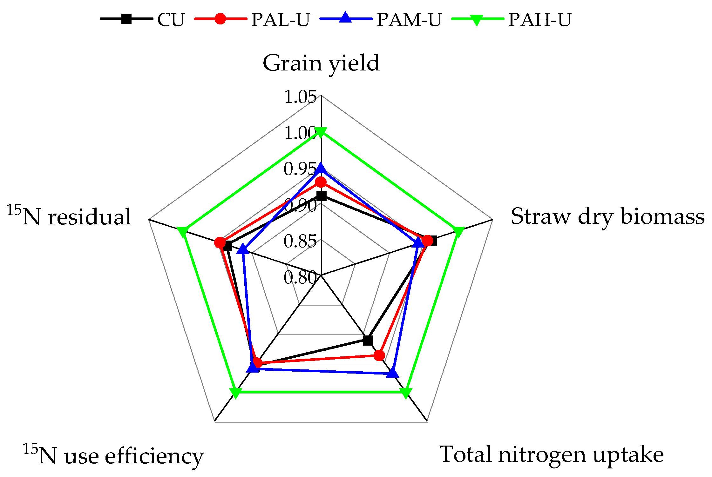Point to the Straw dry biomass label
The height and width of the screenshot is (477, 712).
[607, 217]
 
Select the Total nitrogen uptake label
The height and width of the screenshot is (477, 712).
[551, 454]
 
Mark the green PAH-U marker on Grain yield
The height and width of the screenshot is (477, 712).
[321, 132]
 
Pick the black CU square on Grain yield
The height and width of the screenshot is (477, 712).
[322, 196]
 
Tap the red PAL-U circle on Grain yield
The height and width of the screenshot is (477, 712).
[321, 182]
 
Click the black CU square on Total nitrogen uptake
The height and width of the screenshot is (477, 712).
[368, 340]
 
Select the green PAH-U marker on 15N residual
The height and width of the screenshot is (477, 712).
[182, 231]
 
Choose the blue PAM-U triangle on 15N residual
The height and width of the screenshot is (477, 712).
[243, 249]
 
